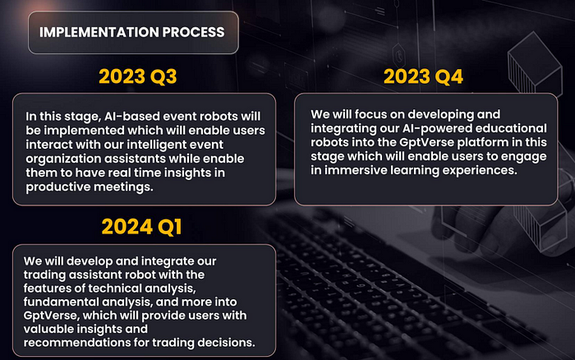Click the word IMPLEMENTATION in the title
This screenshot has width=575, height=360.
[x=99, y=32]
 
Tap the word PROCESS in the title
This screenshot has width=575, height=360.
[x=193, y=32]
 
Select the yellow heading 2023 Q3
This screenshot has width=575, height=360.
[x=137, y=76]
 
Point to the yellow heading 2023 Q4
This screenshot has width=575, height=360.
[x=423, y=76]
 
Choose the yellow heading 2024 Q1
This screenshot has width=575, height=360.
[x=141, y=226]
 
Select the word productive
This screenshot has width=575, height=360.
[x=57, y=187]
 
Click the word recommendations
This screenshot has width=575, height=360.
[x=76, y=343]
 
